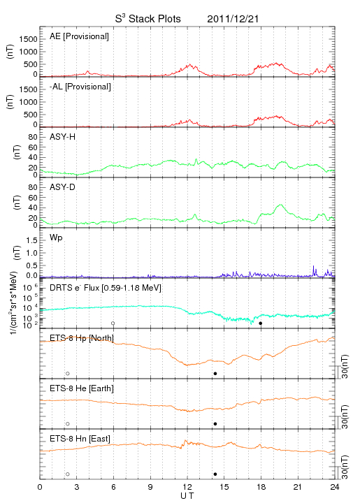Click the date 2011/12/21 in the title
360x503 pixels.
point(233,19)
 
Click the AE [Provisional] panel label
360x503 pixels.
point(79,36)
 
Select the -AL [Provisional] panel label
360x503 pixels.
point(80,87)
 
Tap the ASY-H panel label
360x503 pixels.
point(63,137)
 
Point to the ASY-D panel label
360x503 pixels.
point(63,187)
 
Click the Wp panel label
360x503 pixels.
point(56,238)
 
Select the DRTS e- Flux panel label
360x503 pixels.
point(106,288)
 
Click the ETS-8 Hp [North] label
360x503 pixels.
point(82,338)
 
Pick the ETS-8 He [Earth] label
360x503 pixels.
point(82,388)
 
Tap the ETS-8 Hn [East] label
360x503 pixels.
point(80,439)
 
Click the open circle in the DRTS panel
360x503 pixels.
point(113,323)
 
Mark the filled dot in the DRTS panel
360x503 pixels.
point(261,323)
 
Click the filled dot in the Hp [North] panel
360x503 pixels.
point(215,373)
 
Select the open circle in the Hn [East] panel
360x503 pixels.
point(68,474)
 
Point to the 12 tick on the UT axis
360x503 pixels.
point(187,487)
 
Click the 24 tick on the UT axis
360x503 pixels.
point(335,487)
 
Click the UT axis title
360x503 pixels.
point(187,496)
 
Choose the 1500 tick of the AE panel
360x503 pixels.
point(28,39)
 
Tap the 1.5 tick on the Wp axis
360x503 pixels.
point(31,240)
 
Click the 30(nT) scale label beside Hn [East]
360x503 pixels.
point(345,467)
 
